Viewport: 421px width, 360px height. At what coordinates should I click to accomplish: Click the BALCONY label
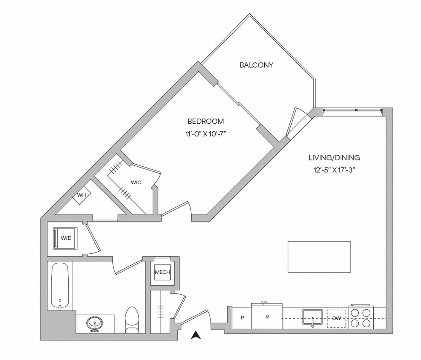click(256, 65)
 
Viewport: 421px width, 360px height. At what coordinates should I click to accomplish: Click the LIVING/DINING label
click(334, 157)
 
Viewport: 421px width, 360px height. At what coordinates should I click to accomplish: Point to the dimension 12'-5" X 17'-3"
click(334, 170)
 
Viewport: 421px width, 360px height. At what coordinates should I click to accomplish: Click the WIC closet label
click(136, 182)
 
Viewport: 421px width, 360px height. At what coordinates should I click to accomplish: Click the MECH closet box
click(162, 272)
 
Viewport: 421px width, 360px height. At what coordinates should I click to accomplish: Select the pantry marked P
click(242, 318)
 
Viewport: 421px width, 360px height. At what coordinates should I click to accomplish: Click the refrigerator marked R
click(267, 316)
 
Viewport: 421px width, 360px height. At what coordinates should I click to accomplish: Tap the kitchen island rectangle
click(319, 257)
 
